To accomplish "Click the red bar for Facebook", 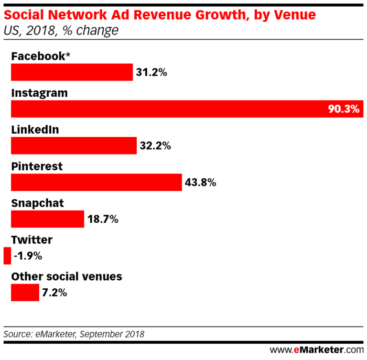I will (x=72, y=72).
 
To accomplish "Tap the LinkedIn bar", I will (x=74, y=145).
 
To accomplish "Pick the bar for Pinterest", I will (x=96, y=182).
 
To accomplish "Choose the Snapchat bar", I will (x=47, y=219).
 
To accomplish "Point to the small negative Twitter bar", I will (x=7, y=256).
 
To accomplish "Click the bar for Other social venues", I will (x=25, y=292).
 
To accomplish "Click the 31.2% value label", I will (x=151, y=73).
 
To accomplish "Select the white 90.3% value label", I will (x=343, y=109).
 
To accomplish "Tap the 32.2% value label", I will (x=155, y=146).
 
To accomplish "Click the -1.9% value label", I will (x=28, y=256).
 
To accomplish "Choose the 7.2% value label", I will (x=54, y=293).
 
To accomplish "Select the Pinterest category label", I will (x=37, y=166).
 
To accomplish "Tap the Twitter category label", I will (x=32, y=240).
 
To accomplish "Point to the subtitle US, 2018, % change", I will (x=61, y=31).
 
